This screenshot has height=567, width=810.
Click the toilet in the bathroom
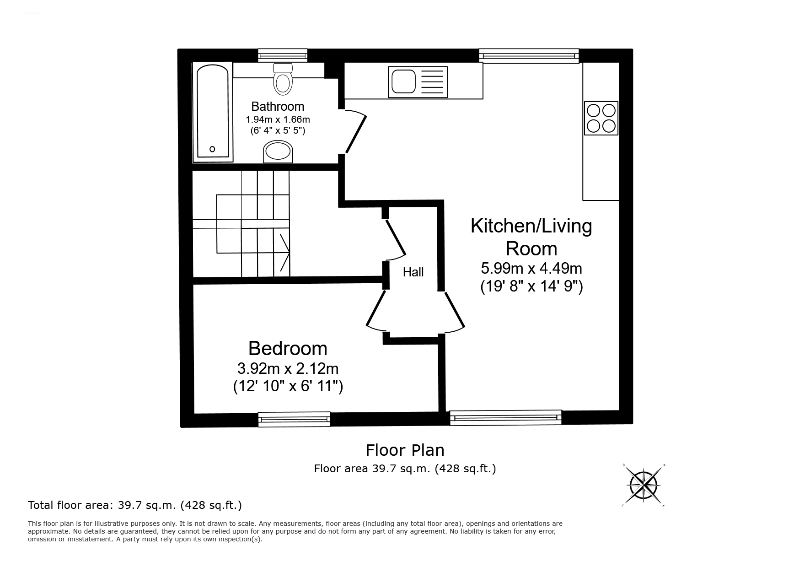click(x=283, y=81)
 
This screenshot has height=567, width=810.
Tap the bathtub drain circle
click(x=212, y=149)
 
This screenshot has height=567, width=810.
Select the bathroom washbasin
click(x=278, y=151)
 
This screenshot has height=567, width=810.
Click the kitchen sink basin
click(x=402, y=82)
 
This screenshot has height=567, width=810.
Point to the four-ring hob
click(x=601, y=118)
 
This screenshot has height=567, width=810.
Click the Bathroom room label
click(x=278, y=107)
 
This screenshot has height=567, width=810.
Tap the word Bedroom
click(x=288, y=349)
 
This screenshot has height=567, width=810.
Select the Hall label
click(x=413, y=272)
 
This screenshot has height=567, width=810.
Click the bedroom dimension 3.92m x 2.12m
click(x=288, y=368)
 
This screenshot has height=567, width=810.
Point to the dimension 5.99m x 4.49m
click(x=531, y=268)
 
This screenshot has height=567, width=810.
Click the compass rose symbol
click(x=644, y=485)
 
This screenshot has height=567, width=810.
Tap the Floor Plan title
click(x=405, y=450)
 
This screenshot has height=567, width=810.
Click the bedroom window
click(x=294, y=419)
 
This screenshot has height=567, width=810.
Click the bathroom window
click(x=282, y=55)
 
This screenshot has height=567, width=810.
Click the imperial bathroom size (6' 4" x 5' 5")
click(x=278, y=130)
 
